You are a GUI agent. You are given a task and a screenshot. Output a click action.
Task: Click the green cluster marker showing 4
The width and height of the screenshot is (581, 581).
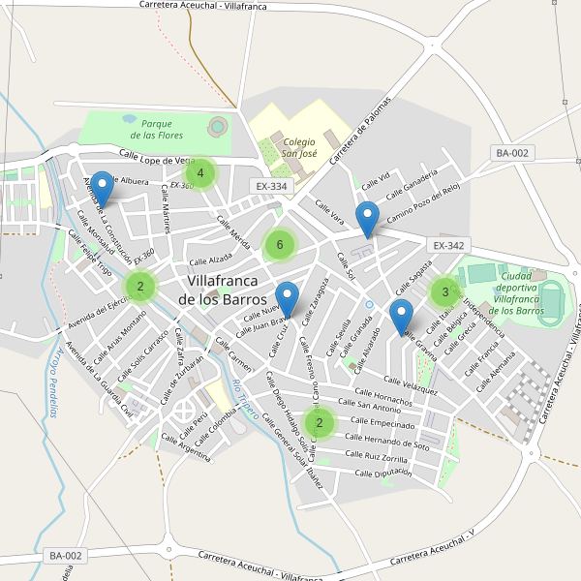coord(200,174)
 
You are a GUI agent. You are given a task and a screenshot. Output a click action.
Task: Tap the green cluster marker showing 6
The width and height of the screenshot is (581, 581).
coord(280,245)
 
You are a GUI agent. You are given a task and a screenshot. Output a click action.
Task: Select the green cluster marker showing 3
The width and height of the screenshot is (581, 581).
coord(445,291)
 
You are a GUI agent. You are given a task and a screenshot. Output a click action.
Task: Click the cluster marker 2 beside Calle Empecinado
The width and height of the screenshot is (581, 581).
coord(319,423)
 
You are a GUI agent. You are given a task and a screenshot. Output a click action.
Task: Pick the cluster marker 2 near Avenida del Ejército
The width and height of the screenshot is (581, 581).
coord(140,286)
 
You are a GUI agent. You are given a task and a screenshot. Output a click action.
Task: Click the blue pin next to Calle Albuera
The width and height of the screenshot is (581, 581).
coord(101,189)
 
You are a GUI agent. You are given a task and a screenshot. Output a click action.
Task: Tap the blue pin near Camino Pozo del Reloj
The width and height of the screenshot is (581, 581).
coord(367,219)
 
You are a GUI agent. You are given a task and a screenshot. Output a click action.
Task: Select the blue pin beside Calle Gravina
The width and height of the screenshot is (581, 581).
coord(401,318)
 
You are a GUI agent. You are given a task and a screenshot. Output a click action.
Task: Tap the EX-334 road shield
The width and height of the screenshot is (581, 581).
coord(272,186)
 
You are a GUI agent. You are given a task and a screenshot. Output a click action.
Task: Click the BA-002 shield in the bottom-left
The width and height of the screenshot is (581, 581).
coord(66,556)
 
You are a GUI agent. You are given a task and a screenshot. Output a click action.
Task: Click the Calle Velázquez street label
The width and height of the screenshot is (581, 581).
coord(411,385)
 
